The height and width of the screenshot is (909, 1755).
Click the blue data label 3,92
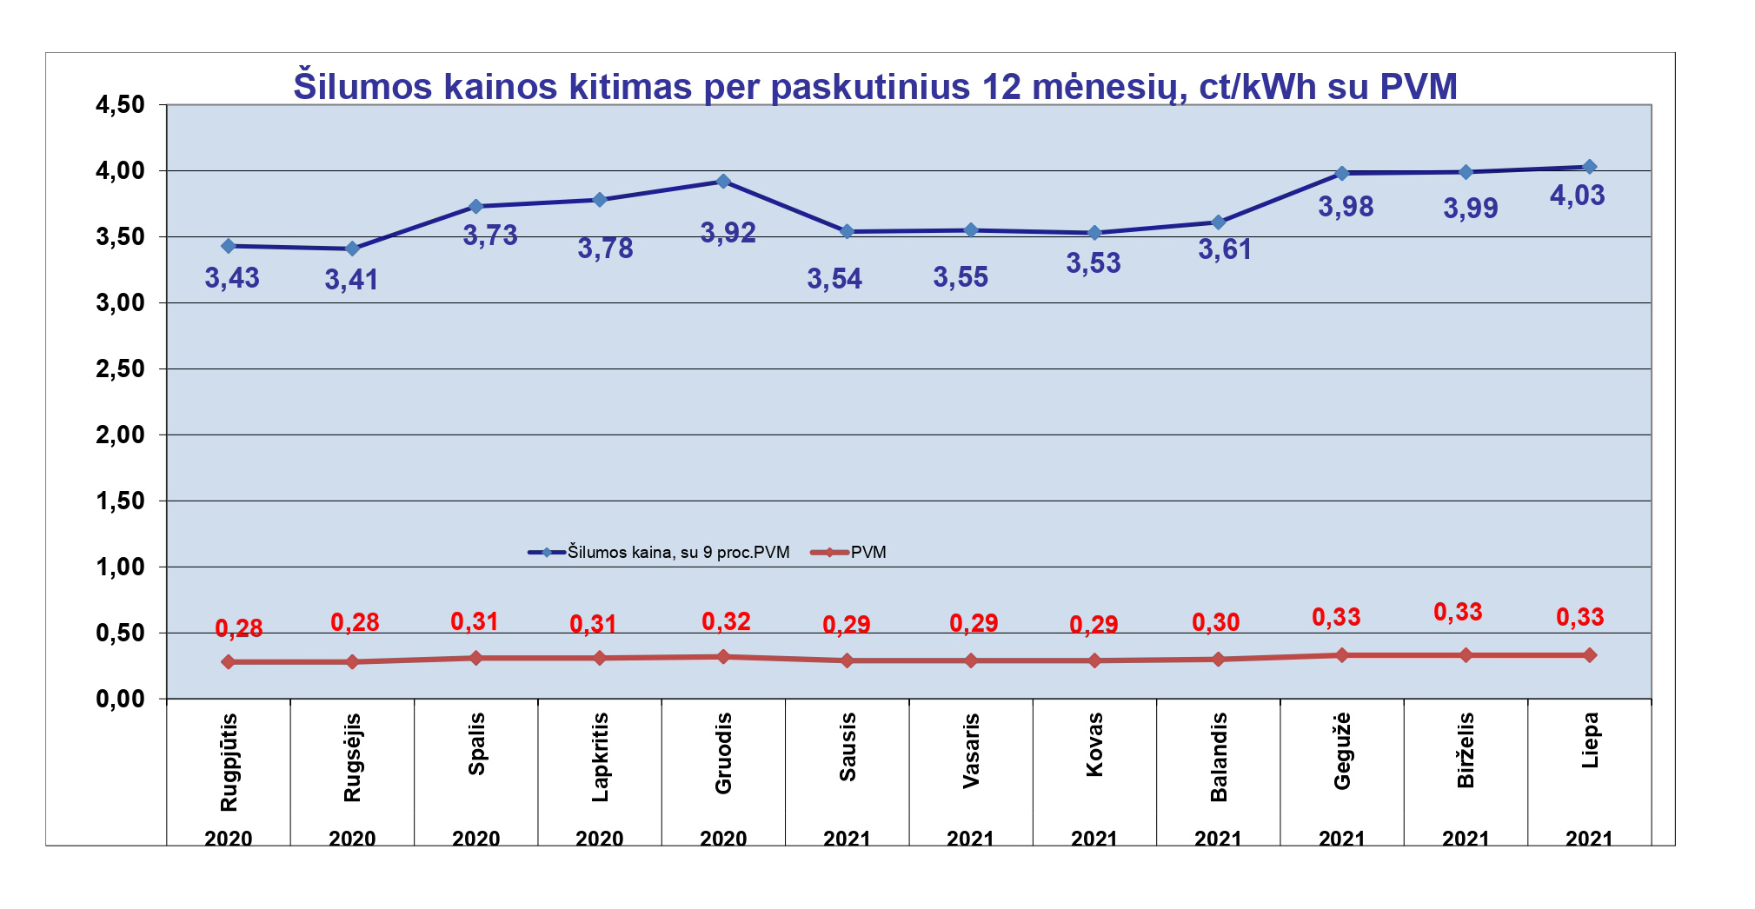coord(728,233)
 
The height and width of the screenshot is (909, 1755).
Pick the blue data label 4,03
coord(1577,196)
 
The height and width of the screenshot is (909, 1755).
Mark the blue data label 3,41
coord(351,280)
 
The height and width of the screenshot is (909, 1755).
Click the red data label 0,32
coord(726,621)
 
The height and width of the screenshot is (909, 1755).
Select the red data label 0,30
coord(1215,622)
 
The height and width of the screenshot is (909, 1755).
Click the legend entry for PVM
coord(868,553)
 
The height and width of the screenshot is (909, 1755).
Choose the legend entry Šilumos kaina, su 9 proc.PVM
coord(678,553)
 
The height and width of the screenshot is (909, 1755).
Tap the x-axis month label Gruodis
coord(723,753)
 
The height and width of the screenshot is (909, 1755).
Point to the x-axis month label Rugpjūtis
coord(229,762)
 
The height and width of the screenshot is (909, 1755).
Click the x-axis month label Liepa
coord(1590,740)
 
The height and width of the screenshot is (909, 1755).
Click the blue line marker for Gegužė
coord(1341,174)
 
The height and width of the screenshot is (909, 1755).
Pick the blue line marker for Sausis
coord(847,232)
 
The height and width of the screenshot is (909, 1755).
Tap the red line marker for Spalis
coord(475,658)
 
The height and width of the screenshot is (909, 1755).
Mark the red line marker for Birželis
coord(1466,655)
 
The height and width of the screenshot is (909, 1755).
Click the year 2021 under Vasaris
coord(970,839)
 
